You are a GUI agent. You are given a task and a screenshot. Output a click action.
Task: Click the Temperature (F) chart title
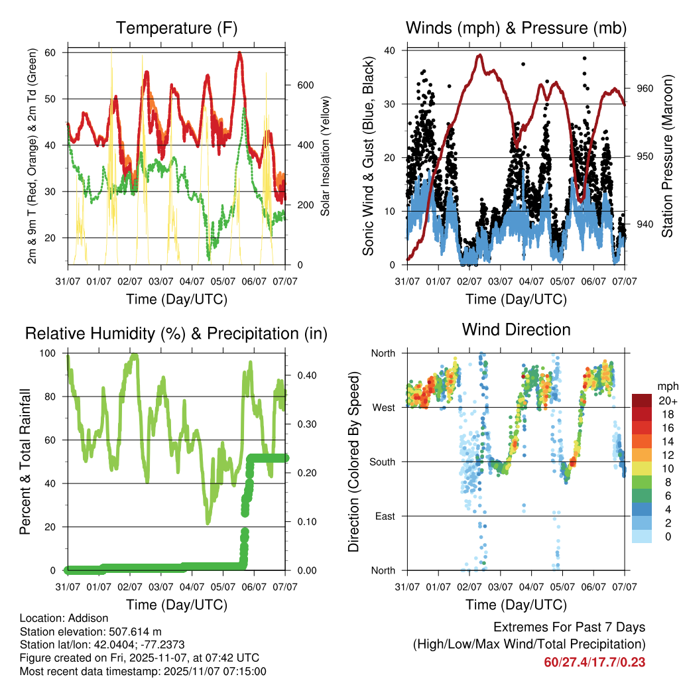coord(176,28)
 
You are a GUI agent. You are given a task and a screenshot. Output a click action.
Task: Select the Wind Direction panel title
coord(516,329)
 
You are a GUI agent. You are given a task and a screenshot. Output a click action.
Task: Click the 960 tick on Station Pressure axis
coord(645,88)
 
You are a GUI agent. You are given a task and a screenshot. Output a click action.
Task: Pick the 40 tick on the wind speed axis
coord(391,50)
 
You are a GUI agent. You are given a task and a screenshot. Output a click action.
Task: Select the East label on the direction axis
coord(384,516)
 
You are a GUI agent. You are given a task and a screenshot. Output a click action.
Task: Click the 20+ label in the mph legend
coord(666,401)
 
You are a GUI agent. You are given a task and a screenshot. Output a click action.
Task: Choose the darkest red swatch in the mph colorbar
coord(641,401)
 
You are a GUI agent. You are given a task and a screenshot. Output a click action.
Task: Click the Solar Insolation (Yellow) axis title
coord(326,156)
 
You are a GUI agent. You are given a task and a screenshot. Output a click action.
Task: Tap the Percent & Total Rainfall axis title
coord(25,462)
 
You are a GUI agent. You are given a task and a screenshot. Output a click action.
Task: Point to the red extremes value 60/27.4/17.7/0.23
coord(594,662)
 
